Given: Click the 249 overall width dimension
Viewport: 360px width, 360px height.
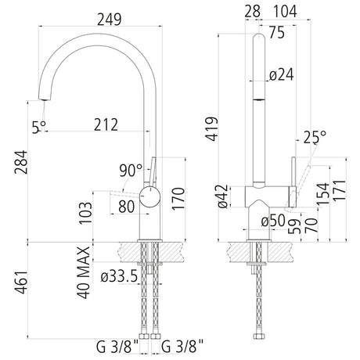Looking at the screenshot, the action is (110, 20).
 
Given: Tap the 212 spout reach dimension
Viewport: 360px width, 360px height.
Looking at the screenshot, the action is (106, 124).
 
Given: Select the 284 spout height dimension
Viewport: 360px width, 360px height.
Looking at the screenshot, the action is (21, 162).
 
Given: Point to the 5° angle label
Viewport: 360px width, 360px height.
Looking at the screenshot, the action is (39, 128).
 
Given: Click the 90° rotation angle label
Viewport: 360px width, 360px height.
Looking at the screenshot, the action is (131, 171).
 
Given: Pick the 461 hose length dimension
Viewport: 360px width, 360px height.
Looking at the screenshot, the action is (21, 283).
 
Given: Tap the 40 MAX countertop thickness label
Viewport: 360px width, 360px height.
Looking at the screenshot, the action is (84, 272).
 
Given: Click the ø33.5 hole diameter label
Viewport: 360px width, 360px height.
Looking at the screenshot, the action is (119, 276).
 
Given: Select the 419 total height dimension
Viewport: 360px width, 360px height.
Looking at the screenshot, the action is (211, 129).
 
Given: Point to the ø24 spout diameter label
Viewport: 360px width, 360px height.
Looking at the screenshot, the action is (281, 74).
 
